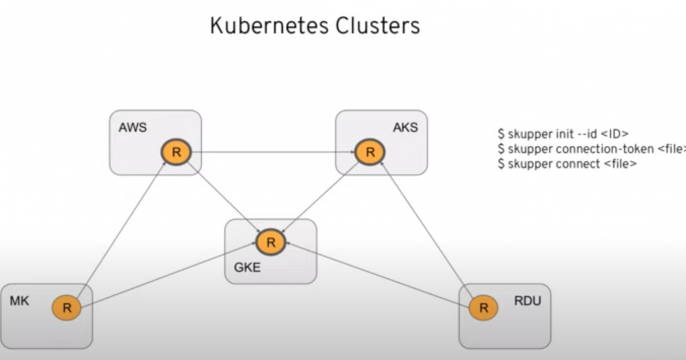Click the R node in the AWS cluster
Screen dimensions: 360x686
[x=176, y=153]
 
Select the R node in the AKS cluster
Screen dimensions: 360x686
[x=369, y=153]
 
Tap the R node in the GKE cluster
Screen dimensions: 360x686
[x=269, y=241]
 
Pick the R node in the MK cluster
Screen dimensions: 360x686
[x=67, y=307]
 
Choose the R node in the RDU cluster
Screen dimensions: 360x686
[x=483, y=307]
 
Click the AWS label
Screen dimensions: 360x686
[x=132, y=127]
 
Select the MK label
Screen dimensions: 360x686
[x=19, y=300]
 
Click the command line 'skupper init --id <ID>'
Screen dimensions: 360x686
[x=562, y=134]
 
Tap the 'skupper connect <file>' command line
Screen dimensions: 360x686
[x=566, y=162]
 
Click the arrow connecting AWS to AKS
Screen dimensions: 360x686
[x=272, y=153]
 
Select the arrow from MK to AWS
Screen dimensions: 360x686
[x=121, y=231]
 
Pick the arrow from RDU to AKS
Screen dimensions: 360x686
[x=427, y=231]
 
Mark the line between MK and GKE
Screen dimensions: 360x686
[x=167, y=274]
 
